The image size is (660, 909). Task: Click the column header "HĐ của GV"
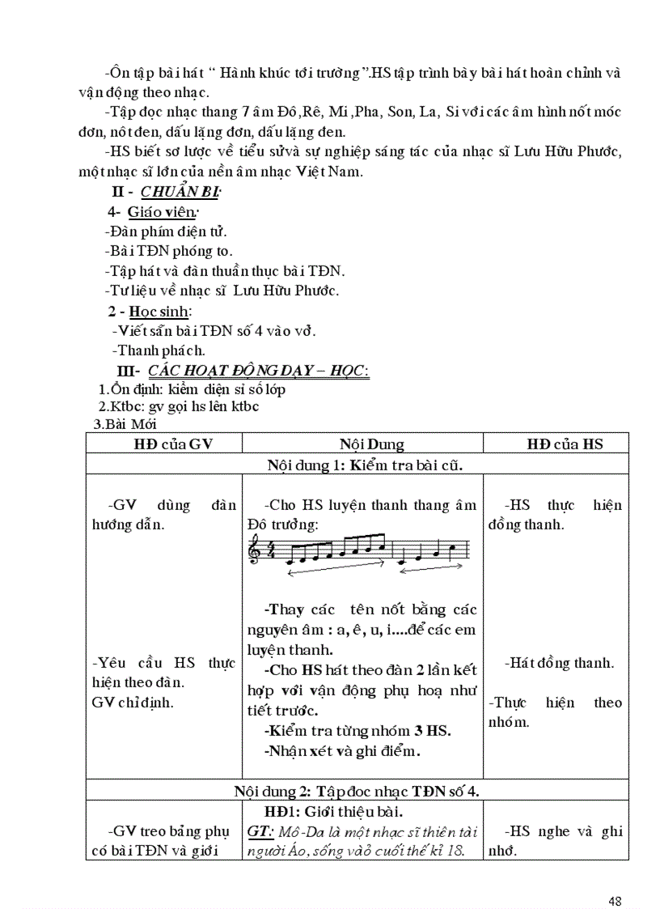point(165,444)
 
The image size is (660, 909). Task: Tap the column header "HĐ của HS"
point(565,444)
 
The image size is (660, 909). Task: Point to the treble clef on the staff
point(256,552)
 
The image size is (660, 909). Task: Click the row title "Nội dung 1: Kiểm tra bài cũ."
point(364,464)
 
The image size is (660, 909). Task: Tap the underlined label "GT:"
point(263,831)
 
